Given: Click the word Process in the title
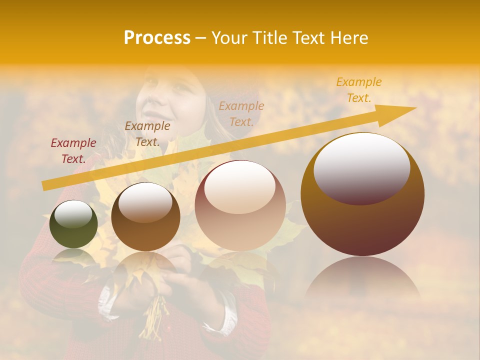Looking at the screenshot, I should click(x=157, y=38).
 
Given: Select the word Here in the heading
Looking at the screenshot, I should click(x=348, y=38).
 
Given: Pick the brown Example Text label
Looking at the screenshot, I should click(x=147, y=134).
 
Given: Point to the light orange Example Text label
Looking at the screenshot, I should click(x=241, y=113).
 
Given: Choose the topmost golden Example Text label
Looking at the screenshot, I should click(x=358, y=90).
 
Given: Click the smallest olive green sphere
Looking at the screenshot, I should click(x=73, y=224).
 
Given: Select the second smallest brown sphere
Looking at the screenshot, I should click(x=145, y=217).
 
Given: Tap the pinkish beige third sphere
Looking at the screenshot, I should click(x=240, y=206).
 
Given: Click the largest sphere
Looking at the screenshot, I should click(x=362, y=195).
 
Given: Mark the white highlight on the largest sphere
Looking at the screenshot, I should click(x=361, y=167).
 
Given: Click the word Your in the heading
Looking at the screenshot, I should click(x=229, y=38).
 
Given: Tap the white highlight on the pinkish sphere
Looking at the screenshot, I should click(x=240, y=187).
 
